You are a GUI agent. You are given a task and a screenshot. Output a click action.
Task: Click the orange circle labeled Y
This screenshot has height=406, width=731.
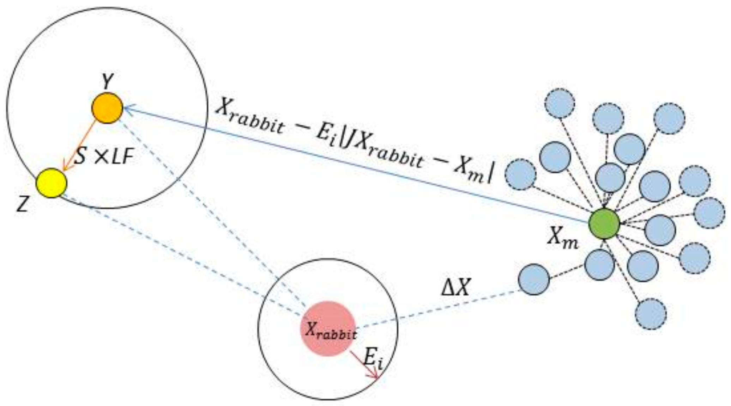[107, 108]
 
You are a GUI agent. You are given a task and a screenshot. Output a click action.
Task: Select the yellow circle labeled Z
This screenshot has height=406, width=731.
[52, 183]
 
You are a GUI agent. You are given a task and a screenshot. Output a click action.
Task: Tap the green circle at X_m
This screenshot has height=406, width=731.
[604, 223]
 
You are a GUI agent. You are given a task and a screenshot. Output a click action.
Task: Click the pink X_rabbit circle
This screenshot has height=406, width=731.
[328, 328]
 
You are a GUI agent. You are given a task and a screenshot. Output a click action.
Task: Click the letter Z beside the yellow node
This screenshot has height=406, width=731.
[22, 205]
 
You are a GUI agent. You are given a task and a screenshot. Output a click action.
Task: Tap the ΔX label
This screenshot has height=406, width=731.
[456, 288]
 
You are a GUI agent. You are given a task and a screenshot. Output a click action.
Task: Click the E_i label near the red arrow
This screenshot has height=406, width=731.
[373, 361]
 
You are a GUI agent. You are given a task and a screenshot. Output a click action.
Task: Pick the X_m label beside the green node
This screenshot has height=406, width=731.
[563, 237]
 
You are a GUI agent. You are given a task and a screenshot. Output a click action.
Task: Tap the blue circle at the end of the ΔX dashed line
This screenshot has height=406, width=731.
[534, 279]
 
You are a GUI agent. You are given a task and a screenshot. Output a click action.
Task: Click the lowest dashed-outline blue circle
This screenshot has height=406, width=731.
[651, 314]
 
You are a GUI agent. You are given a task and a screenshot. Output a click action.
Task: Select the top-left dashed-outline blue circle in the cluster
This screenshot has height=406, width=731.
[560, 103]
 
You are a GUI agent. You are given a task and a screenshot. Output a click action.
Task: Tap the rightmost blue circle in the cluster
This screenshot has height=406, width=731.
[709, 213]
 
